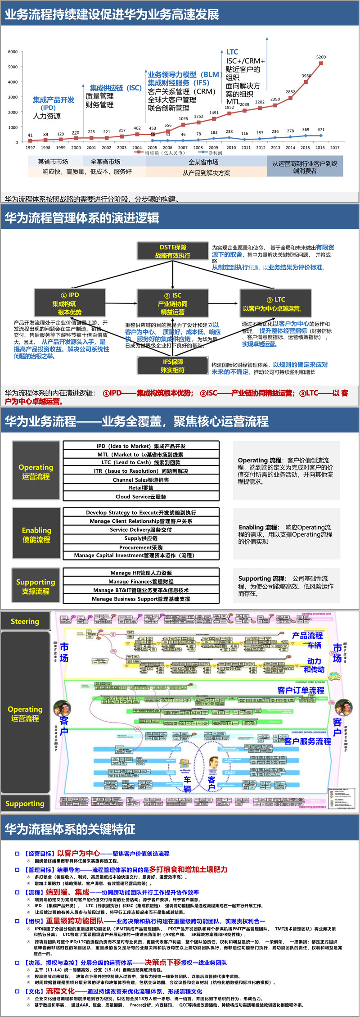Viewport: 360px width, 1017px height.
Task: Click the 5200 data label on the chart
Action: [321, 57]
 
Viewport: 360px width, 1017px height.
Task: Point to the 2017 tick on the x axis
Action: [335, 148]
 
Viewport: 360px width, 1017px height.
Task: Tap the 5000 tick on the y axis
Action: [13, 67]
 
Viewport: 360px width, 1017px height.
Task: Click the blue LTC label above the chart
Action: [232, 52]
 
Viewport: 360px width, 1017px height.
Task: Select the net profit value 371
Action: [321, 130]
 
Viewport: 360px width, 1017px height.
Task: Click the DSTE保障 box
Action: [173, 251]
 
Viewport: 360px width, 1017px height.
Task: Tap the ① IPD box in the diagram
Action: [70, 303]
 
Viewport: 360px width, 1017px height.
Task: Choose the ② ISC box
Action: [173, 303]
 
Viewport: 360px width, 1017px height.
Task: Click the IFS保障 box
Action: [173, 366]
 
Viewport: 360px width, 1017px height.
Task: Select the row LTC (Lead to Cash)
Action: [141, 462]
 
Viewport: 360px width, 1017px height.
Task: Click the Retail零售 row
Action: [141, 488]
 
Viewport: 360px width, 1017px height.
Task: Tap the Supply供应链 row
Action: [141, 538]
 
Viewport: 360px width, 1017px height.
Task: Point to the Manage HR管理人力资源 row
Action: [141, 573]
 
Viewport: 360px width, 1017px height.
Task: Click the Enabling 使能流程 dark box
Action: [36, 535]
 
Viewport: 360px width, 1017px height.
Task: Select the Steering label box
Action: [25, 622]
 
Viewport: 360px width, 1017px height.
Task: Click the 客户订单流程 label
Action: [301, 690]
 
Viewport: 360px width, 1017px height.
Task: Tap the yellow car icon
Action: [333, 676]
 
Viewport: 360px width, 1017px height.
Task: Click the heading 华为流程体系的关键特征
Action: [70, 829]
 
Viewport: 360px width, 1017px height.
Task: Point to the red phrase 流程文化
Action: [60, 991]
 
